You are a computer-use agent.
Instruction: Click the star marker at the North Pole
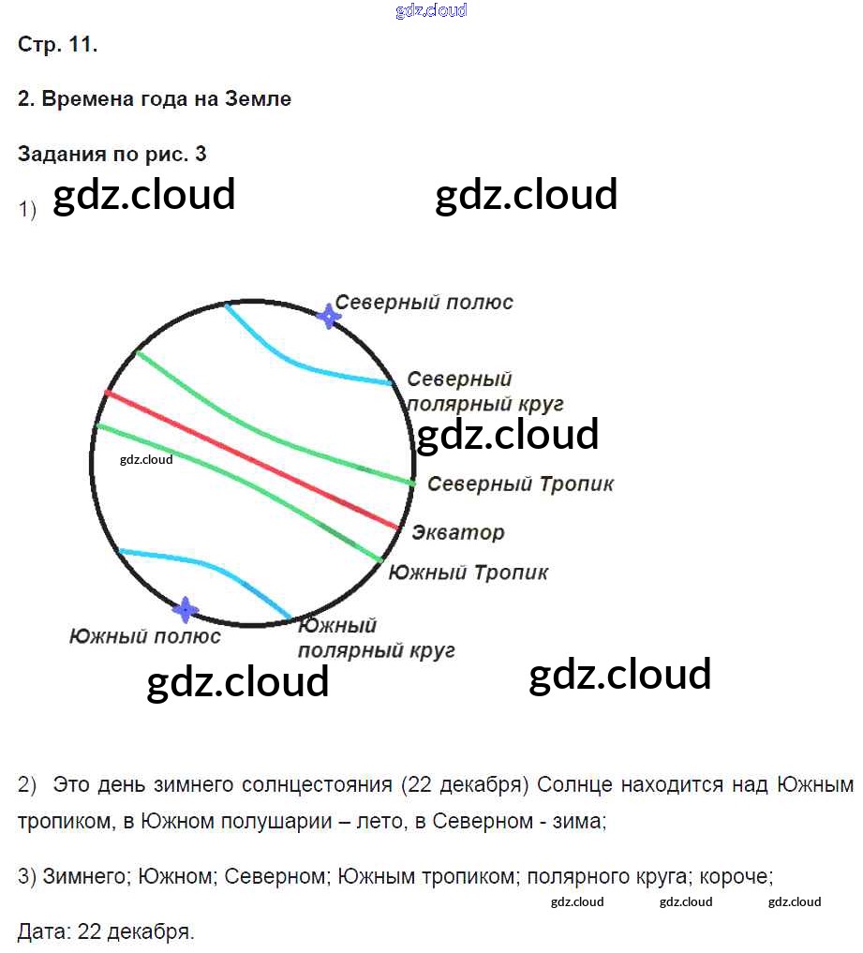pos(327,316)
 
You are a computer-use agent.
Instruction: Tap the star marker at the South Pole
pos(186,610)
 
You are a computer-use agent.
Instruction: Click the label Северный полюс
pos(424,303)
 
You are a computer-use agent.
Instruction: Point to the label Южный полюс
pos(145,636)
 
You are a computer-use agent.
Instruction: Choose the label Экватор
pos(457,532)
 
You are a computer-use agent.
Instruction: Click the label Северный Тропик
pos(520,484)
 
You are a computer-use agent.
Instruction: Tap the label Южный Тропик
pos(468,572)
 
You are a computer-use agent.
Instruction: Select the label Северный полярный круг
pos(484,392)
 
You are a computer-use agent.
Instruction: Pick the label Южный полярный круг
pos(376,637)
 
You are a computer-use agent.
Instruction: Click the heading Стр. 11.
pos(57,45)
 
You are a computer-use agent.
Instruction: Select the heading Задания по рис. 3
pos(112,155)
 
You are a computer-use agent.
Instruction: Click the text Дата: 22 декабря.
pos(106,931)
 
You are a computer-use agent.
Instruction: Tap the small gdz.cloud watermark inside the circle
pos(146,459)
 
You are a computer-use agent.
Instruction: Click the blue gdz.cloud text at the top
pos(431,11)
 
